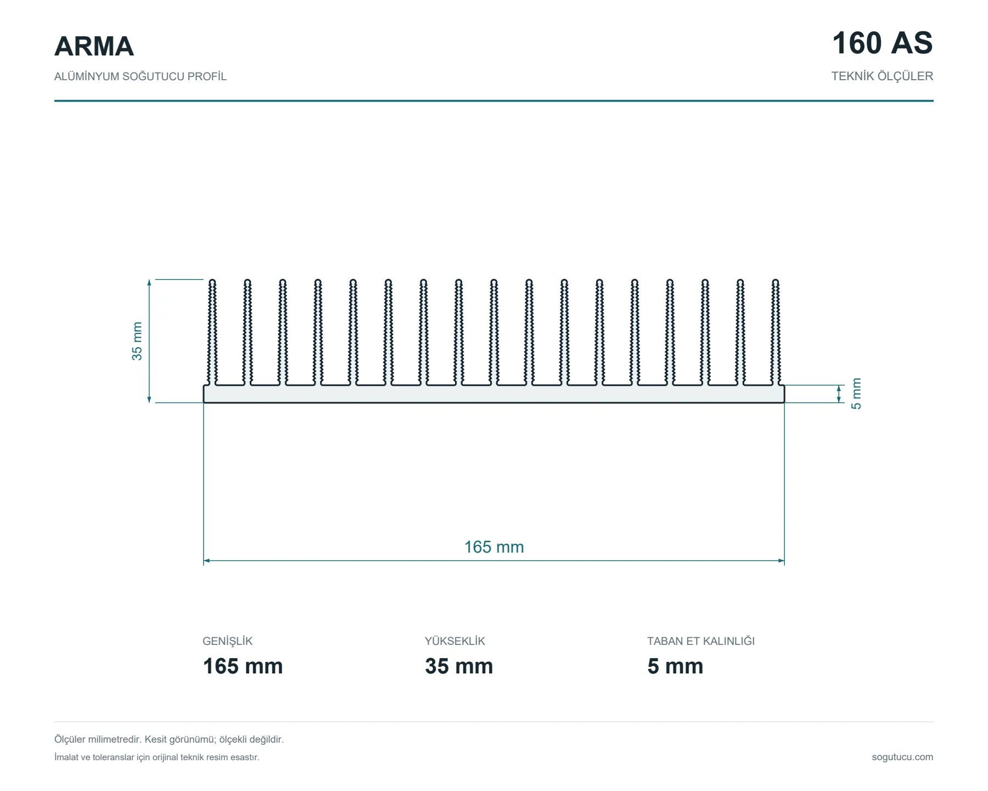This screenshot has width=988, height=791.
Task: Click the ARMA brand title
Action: click(x=94, y=46)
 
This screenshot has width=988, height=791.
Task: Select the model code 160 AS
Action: click(x=882, y=43)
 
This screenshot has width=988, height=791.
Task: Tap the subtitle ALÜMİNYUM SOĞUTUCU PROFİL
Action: click(x=140, y=76)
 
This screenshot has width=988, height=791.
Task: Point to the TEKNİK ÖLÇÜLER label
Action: click(x=882, y=76)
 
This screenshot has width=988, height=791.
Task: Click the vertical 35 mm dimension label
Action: click(x=137, y=341)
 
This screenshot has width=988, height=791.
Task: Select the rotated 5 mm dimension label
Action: click(x=856, y=394)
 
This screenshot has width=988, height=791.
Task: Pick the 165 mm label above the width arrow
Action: click(x=494, y=547)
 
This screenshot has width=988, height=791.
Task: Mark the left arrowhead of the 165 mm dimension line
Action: click(x=206, y=561)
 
